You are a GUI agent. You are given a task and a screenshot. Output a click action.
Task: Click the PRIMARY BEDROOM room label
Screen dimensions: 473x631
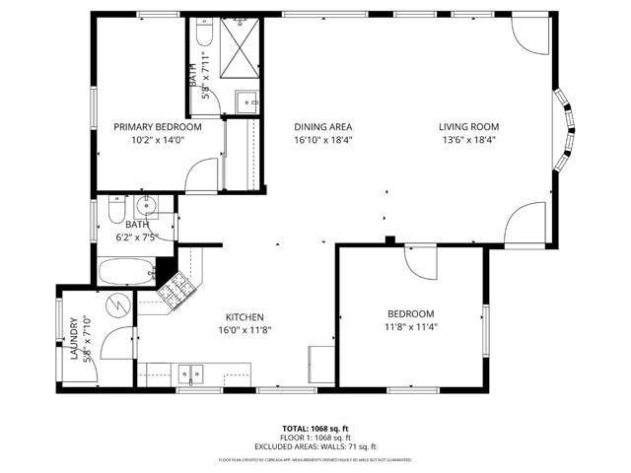[x=158, y=127]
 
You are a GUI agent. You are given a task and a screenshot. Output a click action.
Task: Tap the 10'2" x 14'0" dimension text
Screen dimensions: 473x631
[x=158, y=140]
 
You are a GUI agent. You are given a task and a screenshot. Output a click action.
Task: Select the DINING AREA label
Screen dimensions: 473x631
[x=323, y=127]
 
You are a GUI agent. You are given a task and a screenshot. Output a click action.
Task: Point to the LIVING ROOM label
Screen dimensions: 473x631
[x=469, y=127]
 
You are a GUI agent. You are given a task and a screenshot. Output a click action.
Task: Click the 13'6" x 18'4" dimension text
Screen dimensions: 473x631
[x=469, y=140]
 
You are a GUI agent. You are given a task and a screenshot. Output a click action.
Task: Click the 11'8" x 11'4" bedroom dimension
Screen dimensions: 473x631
[x=410, y=326]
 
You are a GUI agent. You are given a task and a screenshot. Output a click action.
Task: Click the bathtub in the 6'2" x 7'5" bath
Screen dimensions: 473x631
[x=126, y=270]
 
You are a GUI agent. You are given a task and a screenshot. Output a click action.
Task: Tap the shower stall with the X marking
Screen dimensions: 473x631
[x=238, y=44]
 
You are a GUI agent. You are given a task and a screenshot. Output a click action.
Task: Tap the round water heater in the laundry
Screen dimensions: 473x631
[x=118, y=305]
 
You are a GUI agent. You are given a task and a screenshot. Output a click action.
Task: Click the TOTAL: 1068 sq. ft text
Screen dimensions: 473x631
[x=315, y=429]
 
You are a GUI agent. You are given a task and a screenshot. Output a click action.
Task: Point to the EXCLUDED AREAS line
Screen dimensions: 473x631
[x=315, y=445]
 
